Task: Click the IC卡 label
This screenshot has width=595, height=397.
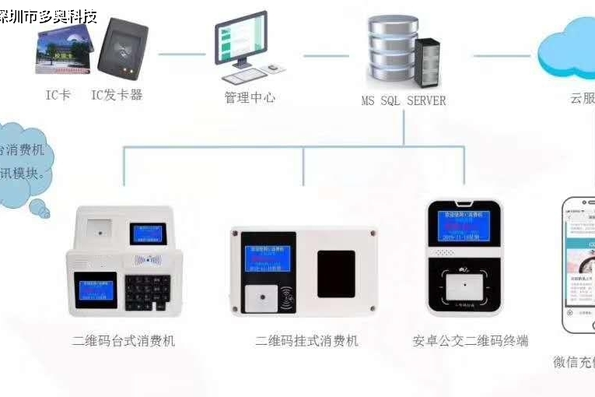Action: pos(58,95)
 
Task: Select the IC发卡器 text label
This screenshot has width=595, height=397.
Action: pos(117,95)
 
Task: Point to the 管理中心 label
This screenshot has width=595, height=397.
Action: pos(250,98)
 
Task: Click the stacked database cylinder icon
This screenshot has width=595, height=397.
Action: pos(392,51)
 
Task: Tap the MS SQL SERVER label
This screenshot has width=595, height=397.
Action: pos(404,100)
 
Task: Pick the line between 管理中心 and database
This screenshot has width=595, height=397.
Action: pos(326,55)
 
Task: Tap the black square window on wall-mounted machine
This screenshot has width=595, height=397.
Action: pos(336,273)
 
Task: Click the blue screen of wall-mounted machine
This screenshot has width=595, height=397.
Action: pos(268,258)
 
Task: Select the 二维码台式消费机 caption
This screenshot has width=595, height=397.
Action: pos(124,341)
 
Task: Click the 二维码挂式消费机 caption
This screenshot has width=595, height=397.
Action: pos(306,341)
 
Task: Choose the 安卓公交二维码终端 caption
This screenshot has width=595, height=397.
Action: pos(471,341)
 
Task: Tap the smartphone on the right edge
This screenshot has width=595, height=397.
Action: pos(579,265)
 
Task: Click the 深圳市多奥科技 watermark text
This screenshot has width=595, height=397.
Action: pos(48,16)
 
